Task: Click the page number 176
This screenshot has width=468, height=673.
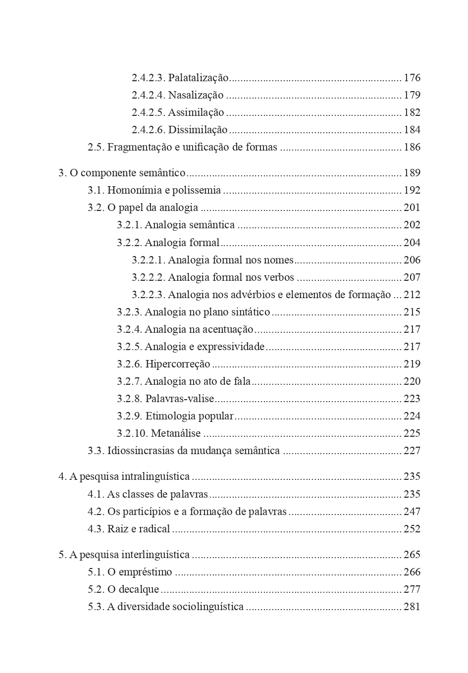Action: point(412,78)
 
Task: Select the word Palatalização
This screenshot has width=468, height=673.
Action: point(199,78)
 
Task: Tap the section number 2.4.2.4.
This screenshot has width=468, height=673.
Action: point(149,95)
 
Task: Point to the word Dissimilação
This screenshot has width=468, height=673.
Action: point(198,130)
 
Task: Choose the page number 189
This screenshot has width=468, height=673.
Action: point(412,173)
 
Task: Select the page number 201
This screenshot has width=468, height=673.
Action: point(412,207)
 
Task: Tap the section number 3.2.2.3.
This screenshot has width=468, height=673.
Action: point(149,295)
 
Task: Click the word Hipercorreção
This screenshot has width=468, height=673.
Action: point(178,364)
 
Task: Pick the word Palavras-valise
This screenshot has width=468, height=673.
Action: point(180,399)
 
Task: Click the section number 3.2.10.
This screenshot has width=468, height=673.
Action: point(132,433)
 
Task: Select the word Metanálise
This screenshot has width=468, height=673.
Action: point(176,433)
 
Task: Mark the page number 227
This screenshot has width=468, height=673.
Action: point(412,451)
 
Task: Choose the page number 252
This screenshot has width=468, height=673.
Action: point(412,529)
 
